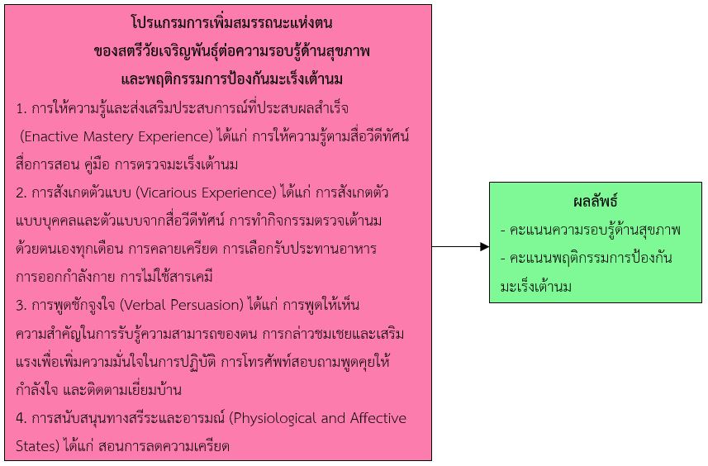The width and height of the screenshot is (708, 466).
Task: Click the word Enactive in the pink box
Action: pyautogui.click(x=51, y=136)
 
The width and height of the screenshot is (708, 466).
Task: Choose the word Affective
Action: pyautogui.click(x=378, y=418)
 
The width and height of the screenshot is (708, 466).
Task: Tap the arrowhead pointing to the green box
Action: pyautogui.click(x=484, y=246)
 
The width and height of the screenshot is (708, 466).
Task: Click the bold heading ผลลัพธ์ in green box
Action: pyautogui.click(x=595, y=201)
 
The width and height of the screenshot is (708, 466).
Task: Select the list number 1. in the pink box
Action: pyautogui.click(x=21, y=109)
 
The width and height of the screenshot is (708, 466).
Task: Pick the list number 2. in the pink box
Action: pyautogui.click(x=21, y=193)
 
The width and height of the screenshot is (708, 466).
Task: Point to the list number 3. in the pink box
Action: pyautogui.click(x=21, y=306)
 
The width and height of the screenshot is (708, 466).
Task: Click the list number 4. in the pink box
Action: pyautogui.click(x=21, y=419)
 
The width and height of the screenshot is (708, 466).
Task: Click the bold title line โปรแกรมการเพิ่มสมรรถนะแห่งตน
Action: pyautogui.click(x=231, y=22)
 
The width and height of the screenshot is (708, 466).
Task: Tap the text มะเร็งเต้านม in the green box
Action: pyautogui.click(x=536, y=287)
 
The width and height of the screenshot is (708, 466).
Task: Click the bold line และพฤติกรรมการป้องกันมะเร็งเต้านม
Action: pyautogui.click(x=231, y=79)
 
